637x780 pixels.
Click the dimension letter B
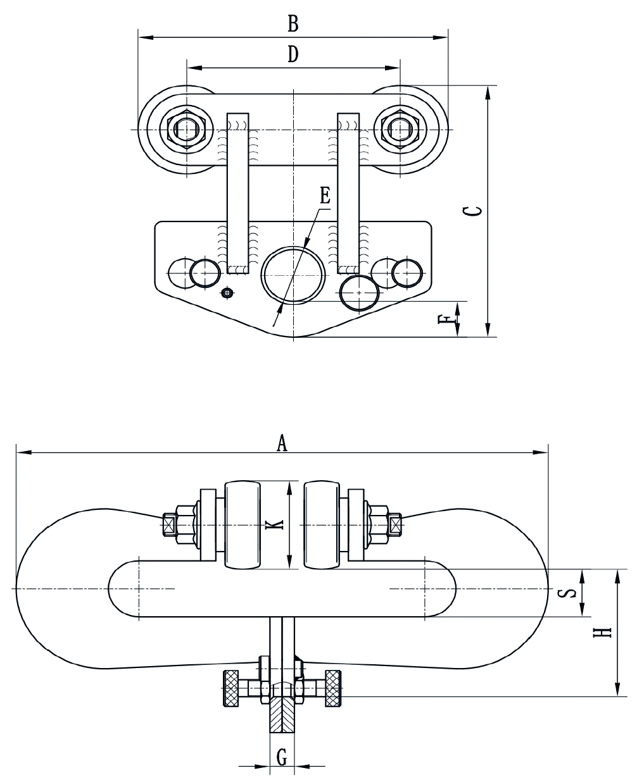293,24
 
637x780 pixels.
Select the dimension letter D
292,55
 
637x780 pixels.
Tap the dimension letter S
570,593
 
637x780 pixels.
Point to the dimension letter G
282,755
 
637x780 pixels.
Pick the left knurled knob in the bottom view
231,688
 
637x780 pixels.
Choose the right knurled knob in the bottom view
334,688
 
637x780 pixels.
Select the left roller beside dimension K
241,526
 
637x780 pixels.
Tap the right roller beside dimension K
324,526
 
